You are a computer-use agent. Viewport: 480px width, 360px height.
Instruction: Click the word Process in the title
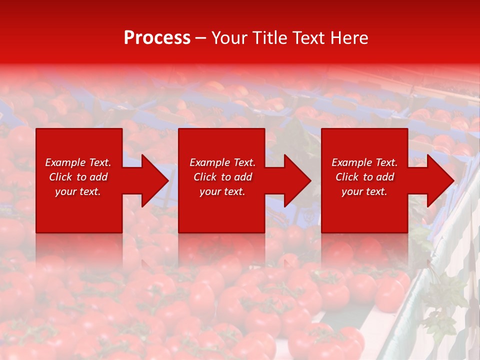(157, 38)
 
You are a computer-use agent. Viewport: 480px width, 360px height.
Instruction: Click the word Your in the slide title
(230, 38)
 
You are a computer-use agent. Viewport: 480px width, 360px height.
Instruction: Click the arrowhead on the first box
(153, 180)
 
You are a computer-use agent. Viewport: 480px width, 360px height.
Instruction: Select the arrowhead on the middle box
(296, 180)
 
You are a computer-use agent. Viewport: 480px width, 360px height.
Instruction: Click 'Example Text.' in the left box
(78, 162)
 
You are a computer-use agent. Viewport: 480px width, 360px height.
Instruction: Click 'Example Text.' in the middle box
(222, 162)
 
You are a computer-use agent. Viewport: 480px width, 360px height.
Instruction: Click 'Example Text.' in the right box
(364, 162)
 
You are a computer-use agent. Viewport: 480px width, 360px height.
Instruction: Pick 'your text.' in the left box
(78, 191)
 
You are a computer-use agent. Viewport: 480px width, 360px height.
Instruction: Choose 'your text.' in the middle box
(222, 191)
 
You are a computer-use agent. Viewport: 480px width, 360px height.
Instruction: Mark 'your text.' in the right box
(364, 191)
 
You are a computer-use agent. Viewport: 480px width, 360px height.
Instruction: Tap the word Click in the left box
(60, 177)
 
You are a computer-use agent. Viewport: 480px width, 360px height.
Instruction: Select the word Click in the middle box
(205, 177)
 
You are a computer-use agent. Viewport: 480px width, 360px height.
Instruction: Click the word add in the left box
(97, 177)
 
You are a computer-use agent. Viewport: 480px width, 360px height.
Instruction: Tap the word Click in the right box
(347, 177)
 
